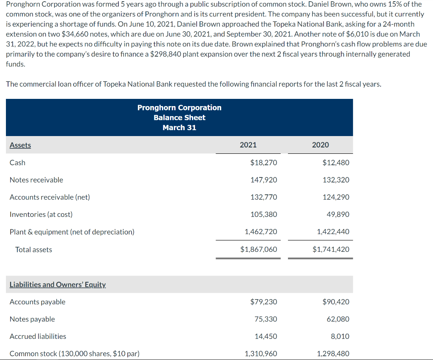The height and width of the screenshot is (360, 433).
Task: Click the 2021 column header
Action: coord(248,145)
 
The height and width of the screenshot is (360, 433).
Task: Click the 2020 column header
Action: coord(320,145)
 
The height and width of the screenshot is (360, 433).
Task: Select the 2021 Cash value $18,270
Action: coord(264,163)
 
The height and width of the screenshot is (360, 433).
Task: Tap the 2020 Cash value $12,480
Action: coord(336,163)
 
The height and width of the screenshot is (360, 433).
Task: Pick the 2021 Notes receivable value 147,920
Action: coord(264,180)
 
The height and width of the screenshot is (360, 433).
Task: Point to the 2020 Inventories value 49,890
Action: coord(338,215)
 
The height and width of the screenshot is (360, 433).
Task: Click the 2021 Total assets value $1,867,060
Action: coord(259,249)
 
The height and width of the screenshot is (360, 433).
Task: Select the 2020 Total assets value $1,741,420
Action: coord(331,249)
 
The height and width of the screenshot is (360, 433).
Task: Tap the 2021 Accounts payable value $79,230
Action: coord(264,302)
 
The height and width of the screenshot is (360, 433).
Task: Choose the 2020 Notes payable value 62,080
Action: coord(338,319)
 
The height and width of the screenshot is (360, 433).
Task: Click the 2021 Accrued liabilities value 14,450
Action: coord(266,336)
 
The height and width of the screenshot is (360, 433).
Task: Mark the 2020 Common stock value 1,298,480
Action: coord(333,354)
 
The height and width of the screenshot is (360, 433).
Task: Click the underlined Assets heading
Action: coord(20,145)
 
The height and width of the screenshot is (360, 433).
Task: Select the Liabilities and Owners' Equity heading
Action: coord(58,284)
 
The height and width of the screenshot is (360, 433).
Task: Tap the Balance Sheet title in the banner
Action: coord(179,117)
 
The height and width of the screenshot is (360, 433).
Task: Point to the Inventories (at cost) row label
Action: coord(41,215)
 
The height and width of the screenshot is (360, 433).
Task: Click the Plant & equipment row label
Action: coord(72,232)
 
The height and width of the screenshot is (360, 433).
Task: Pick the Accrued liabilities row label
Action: coord(38,336)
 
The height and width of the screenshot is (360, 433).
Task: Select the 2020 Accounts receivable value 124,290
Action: coord(336,197)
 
